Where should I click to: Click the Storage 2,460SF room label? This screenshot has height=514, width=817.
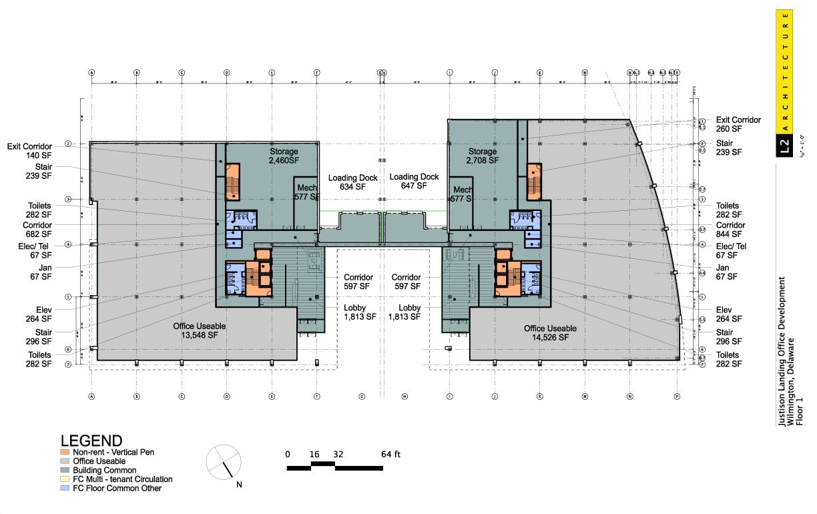[284, 156]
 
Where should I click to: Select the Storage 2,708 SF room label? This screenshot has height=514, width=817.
[483, 156]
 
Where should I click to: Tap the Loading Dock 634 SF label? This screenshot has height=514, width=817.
[352, 182]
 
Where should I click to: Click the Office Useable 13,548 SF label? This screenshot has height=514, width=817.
[200, 331]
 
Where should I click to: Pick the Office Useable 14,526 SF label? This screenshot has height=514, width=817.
[550, 333]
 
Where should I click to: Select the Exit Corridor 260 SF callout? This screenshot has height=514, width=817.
[738, 124]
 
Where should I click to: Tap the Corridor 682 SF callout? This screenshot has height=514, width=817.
[37, 230]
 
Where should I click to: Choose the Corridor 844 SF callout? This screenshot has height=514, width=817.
[730, 230]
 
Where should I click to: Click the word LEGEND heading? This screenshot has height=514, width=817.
[91, 441]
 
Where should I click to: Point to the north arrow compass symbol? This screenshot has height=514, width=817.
[223, 461]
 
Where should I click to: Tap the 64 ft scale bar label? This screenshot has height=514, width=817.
[391, 455]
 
